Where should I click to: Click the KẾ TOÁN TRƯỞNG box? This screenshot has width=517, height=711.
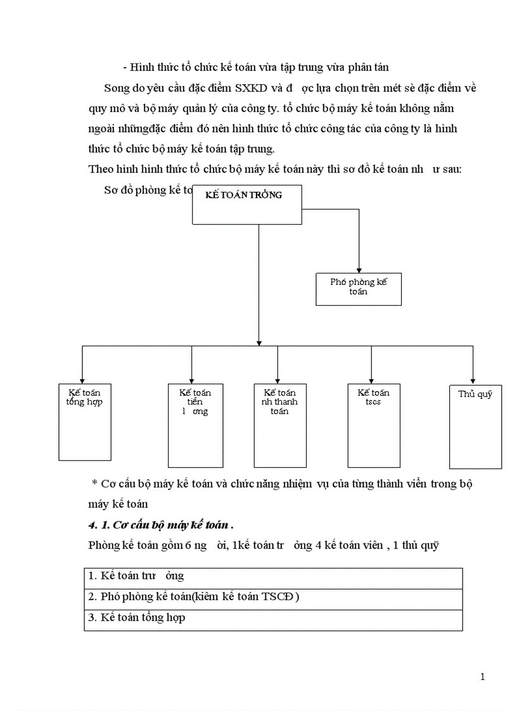247,204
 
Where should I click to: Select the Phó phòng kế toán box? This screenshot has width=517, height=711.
359,289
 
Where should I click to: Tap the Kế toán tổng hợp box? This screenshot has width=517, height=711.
85,421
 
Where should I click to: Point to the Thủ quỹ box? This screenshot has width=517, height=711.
475,426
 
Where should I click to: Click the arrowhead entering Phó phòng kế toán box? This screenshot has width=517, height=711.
359,269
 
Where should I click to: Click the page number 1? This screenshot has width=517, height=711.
483,677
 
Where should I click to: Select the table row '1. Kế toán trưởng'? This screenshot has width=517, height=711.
273,577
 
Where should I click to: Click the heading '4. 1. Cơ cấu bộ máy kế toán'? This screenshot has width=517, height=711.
161,525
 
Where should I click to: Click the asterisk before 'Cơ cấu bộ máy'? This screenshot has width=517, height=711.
94,484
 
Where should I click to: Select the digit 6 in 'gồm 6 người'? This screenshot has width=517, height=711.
188,546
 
